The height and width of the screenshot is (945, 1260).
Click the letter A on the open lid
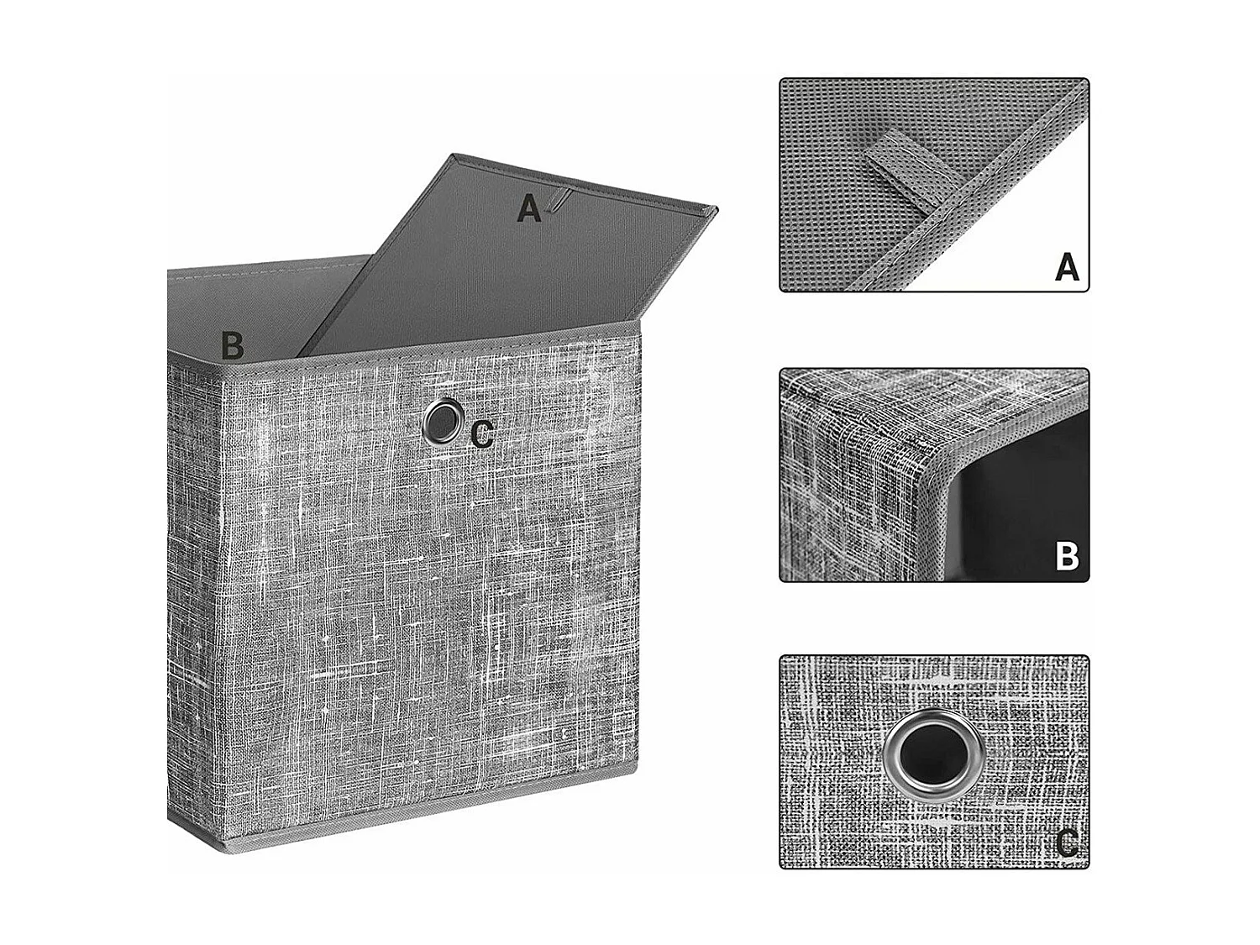click(528, 208)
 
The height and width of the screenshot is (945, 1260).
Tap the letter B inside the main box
click(233, 345)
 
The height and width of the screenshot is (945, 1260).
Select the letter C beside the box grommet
click(482, 434)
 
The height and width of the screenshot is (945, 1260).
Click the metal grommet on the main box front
click(443, 420)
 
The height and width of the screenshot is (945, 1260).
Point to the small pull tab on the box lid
click(554, 202)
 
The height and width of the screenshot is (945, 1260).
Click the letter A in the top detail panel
click(1066, 268)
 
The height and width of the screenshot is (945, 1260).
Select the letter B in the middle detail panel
click(1066, 556)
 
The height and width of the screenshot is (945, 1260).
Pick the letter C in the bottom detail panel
click(1066, 843)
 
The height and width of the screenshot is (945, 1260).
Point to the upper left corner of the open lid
click(454, 156)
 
